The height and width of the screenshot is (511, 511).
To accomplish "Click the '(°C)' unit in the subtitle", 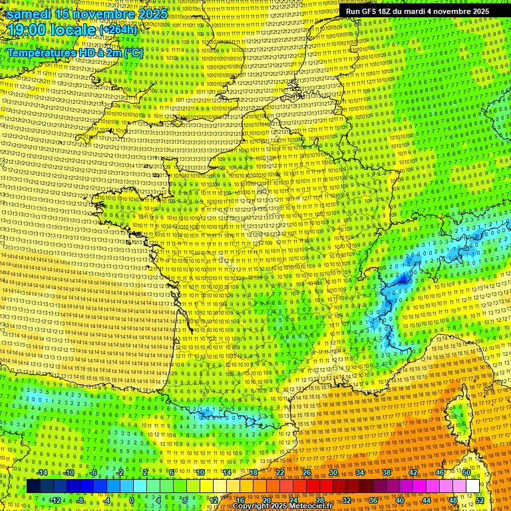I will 132,52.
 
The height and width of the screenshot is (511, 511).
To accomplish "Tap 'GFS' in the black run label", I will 371,11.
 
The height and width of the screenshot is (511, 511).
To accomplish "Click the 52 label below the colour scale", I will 480,500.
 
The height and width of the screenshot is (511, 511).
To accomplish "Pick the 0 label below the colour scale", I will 132,500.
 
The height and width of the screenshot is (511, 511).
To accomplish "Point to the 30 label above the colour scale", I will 333,472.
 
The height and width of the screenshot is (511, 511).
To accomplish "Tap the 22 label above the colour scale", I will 279,472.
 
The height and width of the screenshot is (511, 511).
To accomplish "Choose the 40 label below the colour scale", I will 400,500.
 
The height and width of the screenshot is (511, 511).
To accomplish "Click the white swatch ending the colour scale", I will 472,486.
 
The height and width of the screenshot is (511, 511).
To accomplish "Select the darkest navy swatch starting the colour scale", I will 34,486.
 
